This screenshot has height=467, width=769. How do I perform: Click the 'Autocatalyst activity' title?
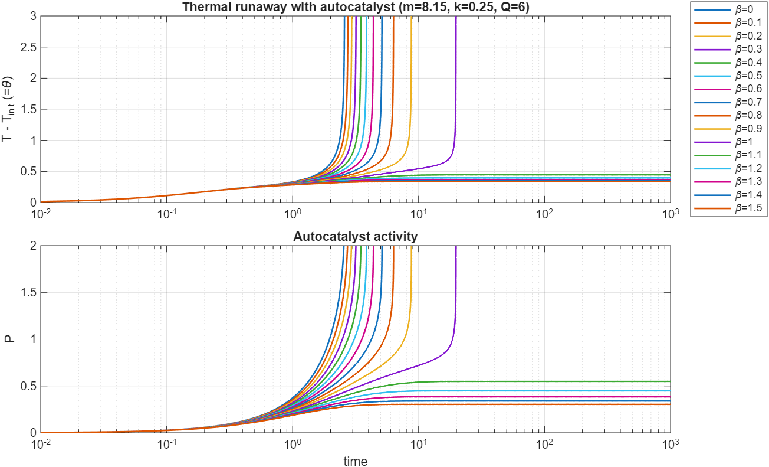(x=356, y=237)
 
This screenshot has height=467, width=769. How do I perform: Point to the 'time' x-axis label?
(x=356, y=461)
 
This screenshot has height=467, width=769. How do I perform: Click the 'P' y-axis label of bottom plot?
(x=9, y=339)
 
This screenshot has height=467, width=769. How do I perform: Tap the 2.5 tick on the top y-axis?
(x=26, y=47)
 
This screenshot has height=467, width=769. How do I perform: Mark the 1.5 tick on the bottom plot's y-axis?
(x=26, y=293)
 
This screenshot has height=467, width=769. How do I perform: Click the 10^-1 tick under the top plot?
(x=167, y=213)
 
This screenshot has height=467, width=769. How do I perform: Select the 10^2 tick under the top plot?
(x=544, y=213)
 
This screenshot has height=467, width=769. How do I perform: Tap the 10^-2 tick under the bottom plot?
(x=41, y=443)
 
